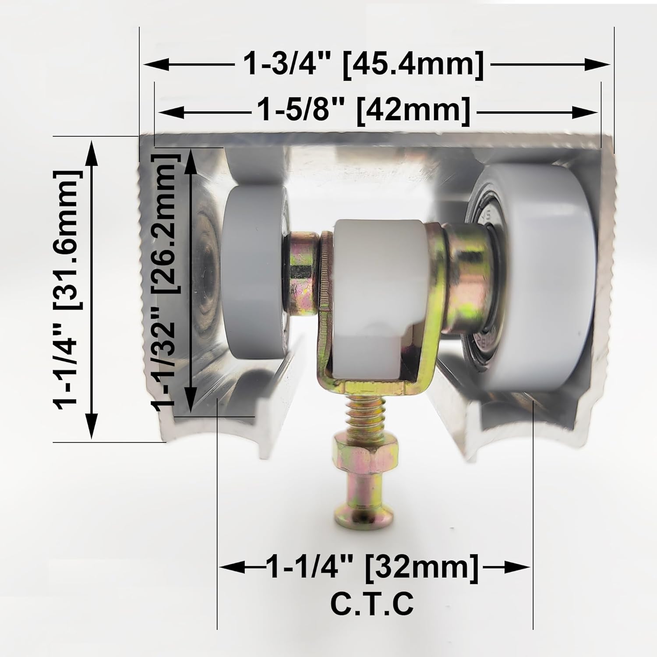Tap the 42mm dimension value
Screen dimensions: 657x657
[x=413, y=112]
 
